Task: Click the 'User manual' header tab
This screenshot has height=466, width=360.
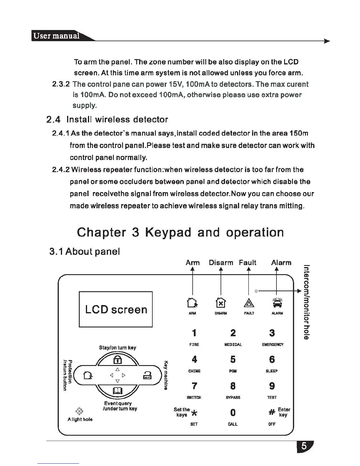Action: pyautogui.click(x=56, y=36)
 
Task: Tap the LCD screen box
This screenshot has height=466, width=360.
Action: pyautogui.click(x=116, y=309)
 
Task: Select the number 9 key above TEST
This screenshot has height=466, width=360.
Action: pyautogui.click(x=272, y=386)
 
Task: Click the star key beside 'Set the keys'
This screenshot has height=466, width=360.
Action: pyautogui.click(x=194, y=413)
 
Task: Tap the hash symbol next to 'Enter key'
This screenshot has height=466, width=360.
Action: pyautogui.click(x=272, y=412)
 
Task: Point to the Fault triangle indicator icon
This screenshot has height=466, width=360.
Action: pyautogui.click(x=249, y=303)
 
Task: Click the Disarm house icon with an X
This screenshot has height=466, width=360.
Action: pyautogui.click(x=221, y=303)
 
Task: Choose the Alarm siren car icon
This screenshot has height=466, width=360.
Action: pyautogui.click(x=277, y=303)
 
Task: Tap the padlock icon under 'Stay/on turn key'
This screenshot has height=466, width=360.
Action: pyautogui.click(x=117, y=360)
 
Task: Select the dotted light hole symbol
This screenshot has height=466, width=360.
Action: pyautogui.click(x=79, y=411)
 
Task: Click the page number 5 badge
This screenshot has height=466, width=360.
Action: pyautogui.click(x=305, y=447)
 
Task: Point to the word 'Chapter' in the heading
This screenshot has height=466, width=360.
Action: pyautogui.click(x=101, y=232)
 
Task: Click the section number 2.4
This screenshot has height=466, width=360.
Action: pyautogui.click(x=54, y=119)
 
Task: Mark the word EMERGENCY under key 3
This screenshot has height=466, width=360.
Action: pyautogui.click(x=273, y=344)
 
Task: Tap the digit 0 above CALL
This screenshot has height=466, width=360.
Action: pyautogui.click(x=233, y=412)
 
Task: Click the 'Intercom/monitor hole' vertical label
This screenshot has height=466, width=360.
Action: pyautogui.click(x=306, y=302)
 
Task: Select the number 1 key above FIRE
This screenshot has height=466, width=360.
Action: pyautogui.click(x=194, y=333)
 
